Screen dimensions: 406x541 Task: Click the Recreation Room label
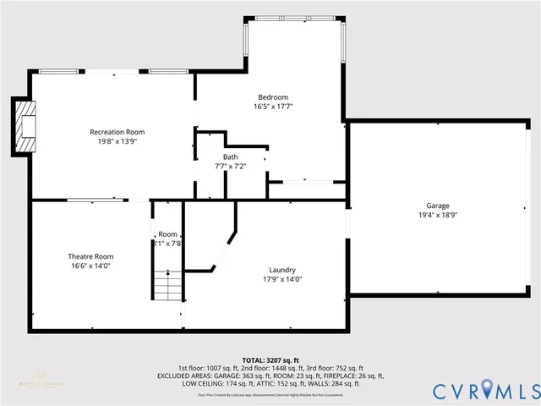(117, 132)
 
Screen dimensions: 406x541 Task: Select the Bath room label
(231, 157)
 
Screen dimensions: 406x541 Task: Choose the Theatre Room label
(90, 256)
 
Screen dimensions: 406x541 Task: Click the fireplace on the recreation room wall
(25, 126)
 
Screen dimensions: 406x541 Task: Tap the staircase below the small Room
(168, 284)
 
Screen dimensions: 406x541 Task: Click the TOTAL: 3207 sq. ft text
(270, 360)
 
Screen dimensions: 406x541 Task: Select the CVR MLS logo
(485, 392)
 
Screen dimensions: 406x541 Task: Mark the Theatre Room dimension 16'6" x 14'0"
(90, 266)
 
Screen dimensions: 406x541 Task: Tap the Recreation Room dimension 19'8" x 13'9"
(117, 141)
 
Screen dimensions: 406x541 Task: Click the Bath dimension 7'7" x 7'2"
(231, 167)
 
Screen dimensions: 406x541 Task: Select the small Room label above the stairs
(167, 234)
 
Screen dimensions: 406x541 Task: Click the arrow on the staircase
(168, 274)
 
